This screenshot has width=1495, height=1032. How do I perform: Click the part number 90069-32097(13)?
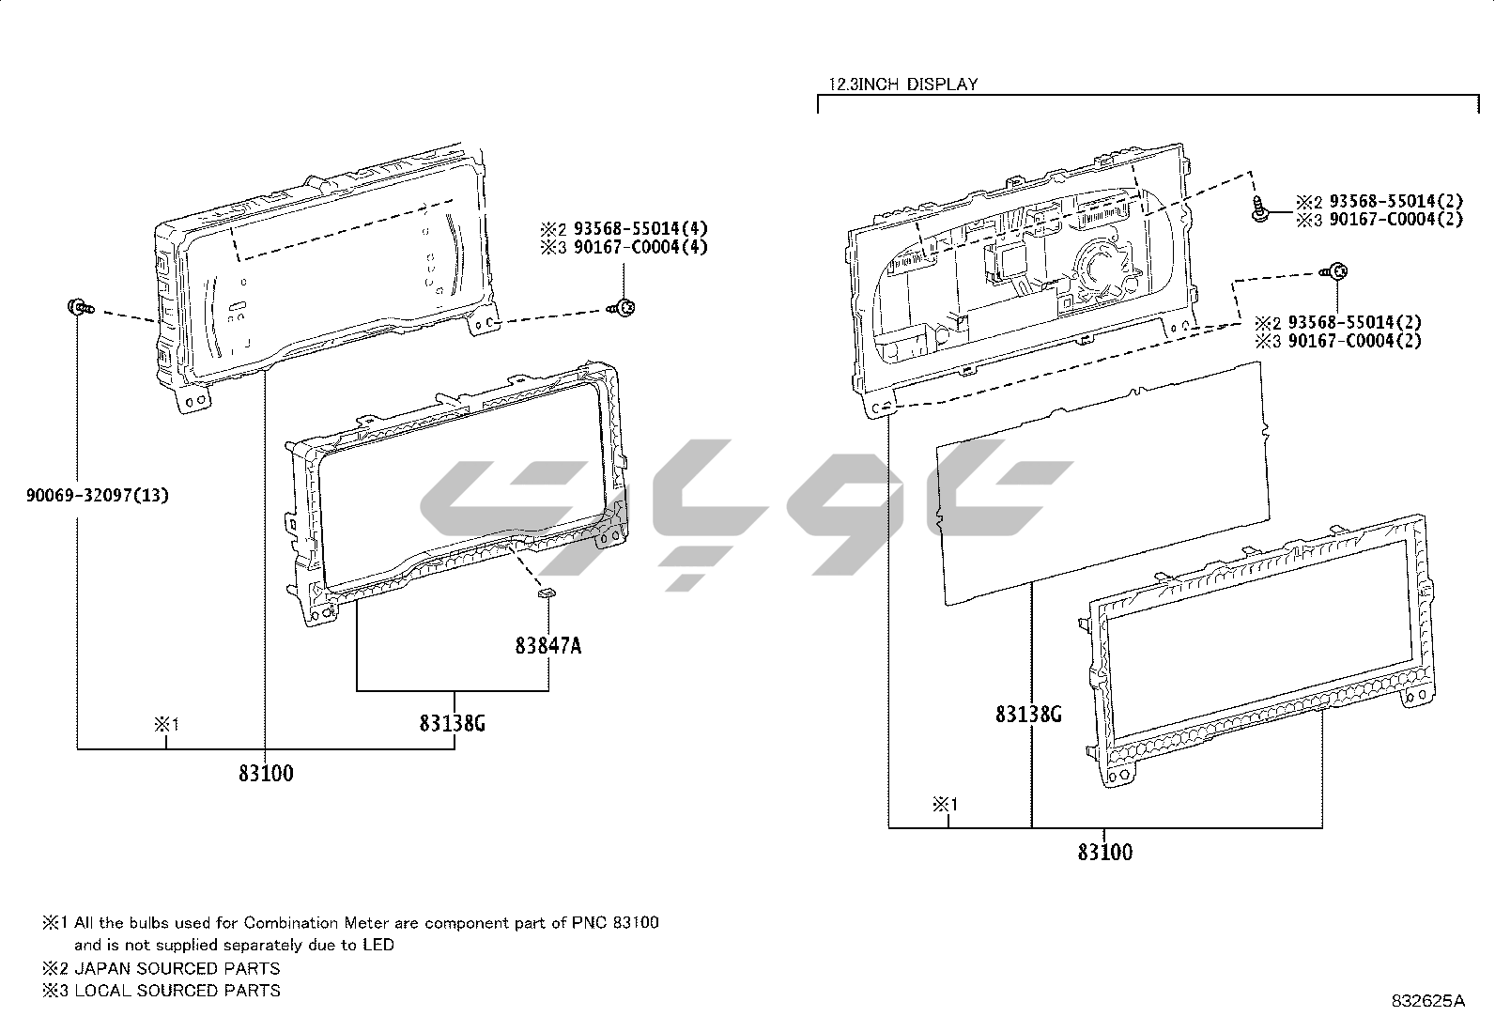(x=98, y=495)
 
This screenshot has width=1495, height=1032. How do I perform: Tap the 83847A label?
(x=547, y=645)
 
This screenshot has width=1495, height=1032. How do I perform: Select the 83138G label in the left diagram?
(x=453, y=723)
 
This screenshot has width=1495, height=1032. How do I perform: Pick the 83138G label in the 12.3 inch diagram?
(x=1028, y=715)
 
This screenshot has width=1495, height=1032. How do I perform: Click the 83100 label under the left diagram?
(x=267, y=773)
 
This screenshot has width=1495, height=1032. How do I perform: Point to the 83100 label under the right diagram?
(x=1105, y=852)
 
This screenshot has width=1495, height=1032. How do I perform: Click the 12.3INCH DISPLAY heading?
(x=903, y=85)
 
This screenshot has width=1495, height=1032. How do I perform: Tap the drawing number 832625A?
(x=1428, y=1001)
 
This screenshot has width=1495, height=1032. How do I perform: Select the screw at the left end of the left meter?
(x=80, y=308)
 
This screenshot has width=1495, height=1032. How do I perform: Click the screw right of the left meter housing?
(x=622, y=308)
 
